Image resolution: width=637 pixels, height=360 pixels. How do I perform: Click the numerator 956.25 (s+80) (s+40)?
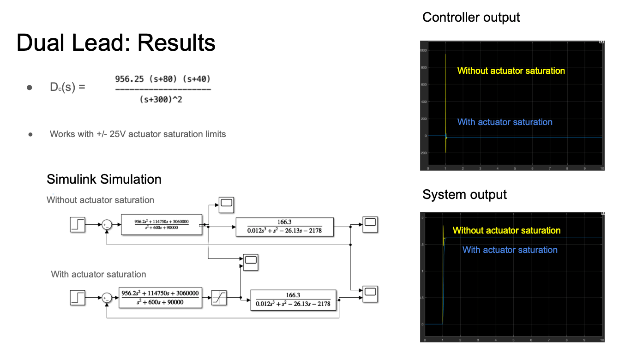(x=163, y=79)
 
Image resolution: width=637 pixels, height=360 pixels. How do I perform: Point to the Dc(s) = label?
(x=67, y=87)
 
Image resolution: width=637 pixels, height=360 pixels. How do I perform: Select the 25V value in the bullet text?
(x=118, y=134)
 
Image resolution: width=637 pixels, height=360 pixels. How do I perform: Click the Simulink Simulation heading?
(x=104, y=179)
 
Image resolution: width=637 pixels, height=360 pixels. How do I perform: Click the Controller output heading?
(x=471, y=18)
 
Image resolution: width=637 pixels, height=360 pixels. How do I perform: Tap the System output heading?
(x=464, y=195)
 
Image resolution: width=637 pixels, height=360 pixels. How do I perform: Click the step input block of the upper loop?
(x=78, y=225)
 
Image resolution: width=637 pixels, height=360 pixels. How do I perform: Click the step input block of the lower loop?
(x=78, y=298)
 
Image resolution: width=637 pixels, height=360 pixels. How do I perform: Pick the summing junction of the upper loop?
(x=107, y=225)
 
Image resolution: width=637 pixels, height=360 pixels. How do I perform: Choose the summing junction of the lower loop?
(x=107, y=298)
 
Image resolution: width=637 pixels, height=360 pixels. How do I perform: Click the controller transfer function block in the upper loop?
(x=162, y=225)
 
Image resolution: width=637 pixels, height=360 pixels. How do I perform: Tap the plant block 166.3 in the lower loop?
(x=293, y=300)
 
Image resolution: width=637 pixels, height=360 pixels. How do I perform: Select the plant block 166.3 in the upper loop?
(x=284, y=227)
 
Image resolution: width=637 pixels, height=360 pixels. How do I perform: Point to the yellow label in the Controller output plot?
(x=511, y=71)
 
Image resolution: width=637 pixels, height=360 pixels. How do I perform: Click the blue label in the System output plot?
(x=510, y=250)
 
